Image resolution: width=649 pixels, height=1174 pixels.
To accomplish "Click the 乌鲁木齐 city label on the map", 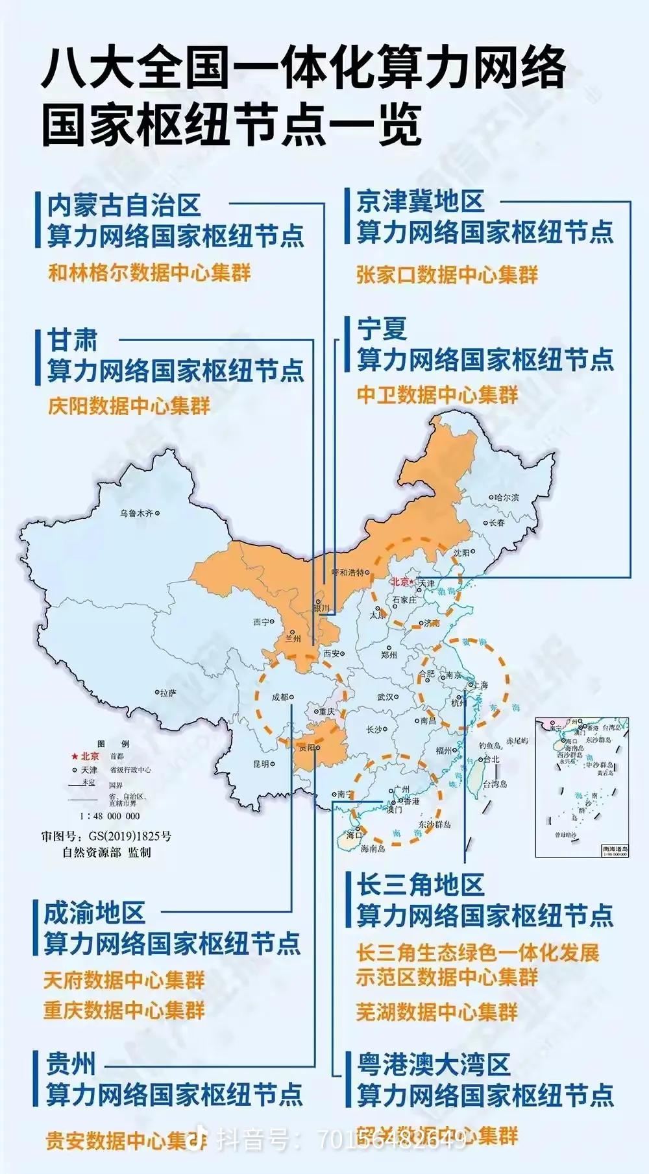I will [136, 513].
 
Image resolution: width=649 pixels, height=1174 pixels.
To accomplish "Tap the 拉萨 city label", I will [168, 693].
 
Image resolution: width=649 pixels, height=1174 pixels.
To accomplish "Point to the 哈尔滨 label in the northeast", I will [506, 497].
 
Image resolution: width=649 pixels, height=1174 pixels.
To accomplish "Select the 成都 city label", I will [280, 697].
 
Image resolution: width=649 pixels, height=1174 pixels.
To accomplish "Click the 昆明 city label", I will [261, 764].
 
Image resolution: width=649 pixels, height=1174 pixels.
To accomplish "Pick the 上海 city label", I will [481, 685].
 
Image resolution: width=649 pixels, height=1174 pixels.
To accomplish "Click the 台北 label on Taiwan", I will [491, 759].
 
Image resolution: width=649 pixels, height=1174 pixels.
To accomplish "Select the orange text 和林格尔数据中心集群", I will [149, 272].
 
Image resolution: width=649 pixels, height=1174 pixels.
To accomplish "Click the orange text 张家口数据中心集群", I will [447, 275].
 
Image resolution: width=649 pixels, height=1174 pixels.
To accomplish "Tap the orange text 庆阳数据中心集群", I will [129, 407].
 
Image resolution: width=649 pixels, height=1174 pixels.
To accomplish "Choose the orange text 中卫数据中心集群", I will [437, 394].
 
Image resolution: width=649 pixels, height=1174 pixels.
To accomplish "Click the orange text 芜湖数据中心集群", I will [437, 1011].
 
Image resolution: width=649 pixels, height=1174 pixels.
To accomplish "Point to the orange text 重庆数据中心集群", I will [124, 1010].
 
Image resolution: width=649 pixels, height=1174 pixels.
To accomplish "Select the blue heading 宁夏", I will [382, 329].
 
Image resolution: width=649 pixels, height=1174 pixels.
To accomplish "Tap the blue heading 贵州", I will [70, 1064].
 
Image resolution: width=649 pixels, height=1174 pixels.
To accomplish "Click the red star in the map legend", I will [75, 756].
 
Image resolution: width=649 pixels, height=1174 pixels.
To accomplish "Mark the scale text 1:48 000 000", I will [110, 816].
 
